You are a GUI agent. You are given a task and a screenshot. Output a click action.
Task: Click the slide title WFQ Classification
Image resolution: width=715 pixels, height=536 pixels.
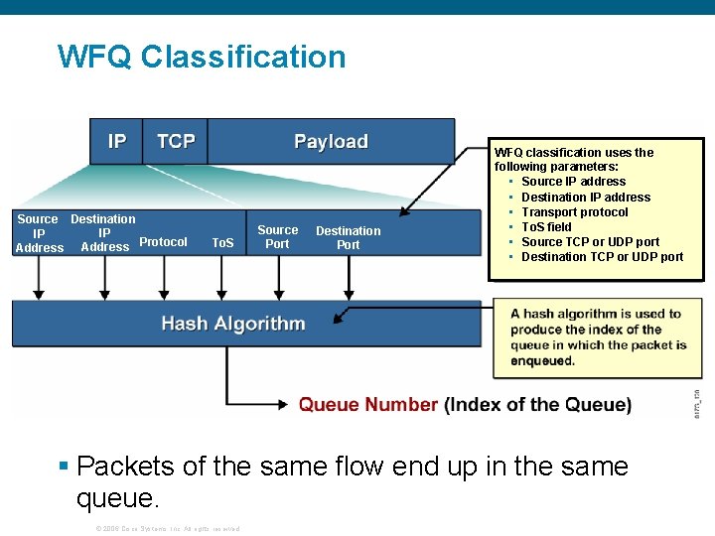click(x=202, y=57)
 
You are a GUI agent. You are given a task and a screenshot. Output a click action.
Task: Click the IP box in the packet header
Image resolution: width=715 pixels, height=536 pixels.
click(x=117, y=141)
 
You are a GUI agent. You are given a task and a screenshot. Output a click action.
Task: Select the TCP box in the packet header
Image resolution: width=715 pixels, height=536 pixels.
click(x=176, y=141)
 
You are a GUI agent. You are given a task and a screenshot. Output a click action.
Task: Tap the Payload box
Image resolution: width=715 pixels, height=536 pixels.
click(x=331, y=141)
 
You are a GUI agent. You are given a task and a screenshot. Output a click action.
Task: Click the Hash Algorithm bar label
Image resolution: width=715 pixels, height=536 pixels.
click(x=232, y=324)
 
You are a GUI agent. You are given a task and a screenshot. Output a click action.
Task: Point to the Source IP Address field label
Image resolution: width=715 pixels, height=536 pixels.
click(x=39, y=233)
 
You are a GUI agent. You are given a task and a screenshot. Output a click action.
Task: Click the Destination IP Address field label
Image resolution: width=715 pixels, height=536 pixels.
click(x=103, y=232)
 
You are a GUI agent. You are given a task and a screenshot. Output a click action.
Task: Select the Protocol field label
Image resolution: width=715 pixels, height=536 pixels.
click(x=164, y=242)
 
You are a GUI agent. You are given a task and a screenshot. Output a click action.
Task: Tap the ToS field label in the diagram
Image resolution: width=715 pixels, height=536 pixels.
click(x=222, y=243)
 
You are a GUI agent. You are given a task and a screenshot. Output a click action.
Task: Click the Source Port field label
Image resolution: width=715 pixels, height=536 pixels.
click(x=277, y=236)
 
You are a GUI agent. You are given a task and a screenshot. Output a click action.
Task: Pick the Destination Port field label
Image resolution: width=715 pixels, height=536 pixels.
click(x=348, y=237)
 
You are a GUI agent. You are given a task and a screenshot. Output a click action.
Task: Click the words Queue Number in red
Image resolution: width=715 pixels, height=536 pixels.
click(x=367, y=405)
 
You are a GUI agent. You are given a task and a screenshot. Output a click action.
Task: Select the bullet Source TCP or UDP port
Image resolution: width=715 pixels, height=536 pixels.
click(x=590, y=242)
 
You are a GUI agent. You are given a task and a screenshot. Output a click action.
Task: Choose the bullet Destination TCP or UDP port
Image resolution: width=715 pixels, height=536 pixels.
click(x=602, y=257)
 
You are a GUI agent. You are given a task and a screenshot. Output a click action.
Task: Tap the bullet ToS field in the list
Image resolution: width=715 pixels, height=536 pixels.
click(x=546, y=227)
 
